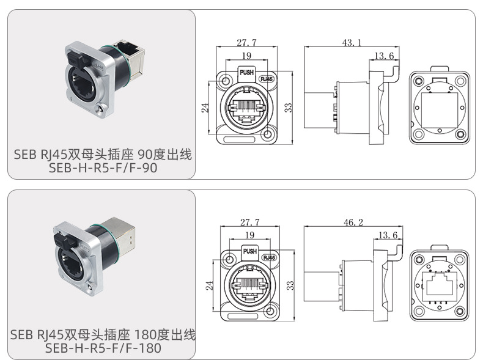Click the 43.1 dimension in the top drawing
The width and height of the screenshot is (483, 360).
[x=352, y=43]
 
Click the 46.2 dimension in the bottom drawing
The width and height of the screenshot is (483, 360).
[x=353, y=222]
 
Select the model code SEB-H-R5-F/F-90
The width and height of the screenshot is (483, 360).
[x=103, y=168]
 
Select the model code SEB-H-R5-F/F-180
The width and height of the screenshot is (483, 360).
[x=103, y=348]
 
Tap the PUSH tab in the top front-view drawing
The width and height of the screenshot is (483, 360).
[x=247, y=73]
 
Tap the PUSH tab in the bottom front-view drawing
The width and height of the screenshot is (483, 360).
[x=250, y=251]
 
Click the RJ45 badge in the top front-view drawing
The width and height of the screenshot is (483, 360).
[x=267, y=79]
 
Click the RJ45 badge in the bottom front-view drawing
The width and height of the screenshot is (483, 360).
[x=270, y=257]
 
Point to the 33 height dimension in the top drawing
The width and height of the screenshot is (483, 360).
[x=288, y=108]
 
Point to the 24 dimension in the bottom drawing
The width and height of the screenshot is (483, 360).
[x=210, y=285]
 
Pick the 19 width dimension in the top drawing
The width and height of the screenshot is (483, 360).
[x=246, y=56]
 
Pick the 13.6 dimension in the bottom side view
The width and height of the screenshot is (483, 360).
[x=388, y=235]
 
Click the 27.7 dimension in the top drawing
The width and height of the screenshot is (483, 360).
[x=246, y=43]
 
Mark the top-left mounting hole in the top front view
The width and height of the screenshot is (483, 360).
[x=226, y=81]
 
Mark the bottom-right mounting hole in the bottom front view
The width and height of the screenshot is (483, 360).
[x=271, y=311]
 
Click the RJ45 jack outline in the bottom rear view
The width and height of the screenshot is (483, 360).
[x=440, y=287]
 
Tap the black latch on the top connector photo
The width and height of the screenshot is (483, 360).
[x=78, y=59]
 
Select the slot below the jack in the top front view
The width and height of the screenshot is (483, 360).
[x=239, y=139]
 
